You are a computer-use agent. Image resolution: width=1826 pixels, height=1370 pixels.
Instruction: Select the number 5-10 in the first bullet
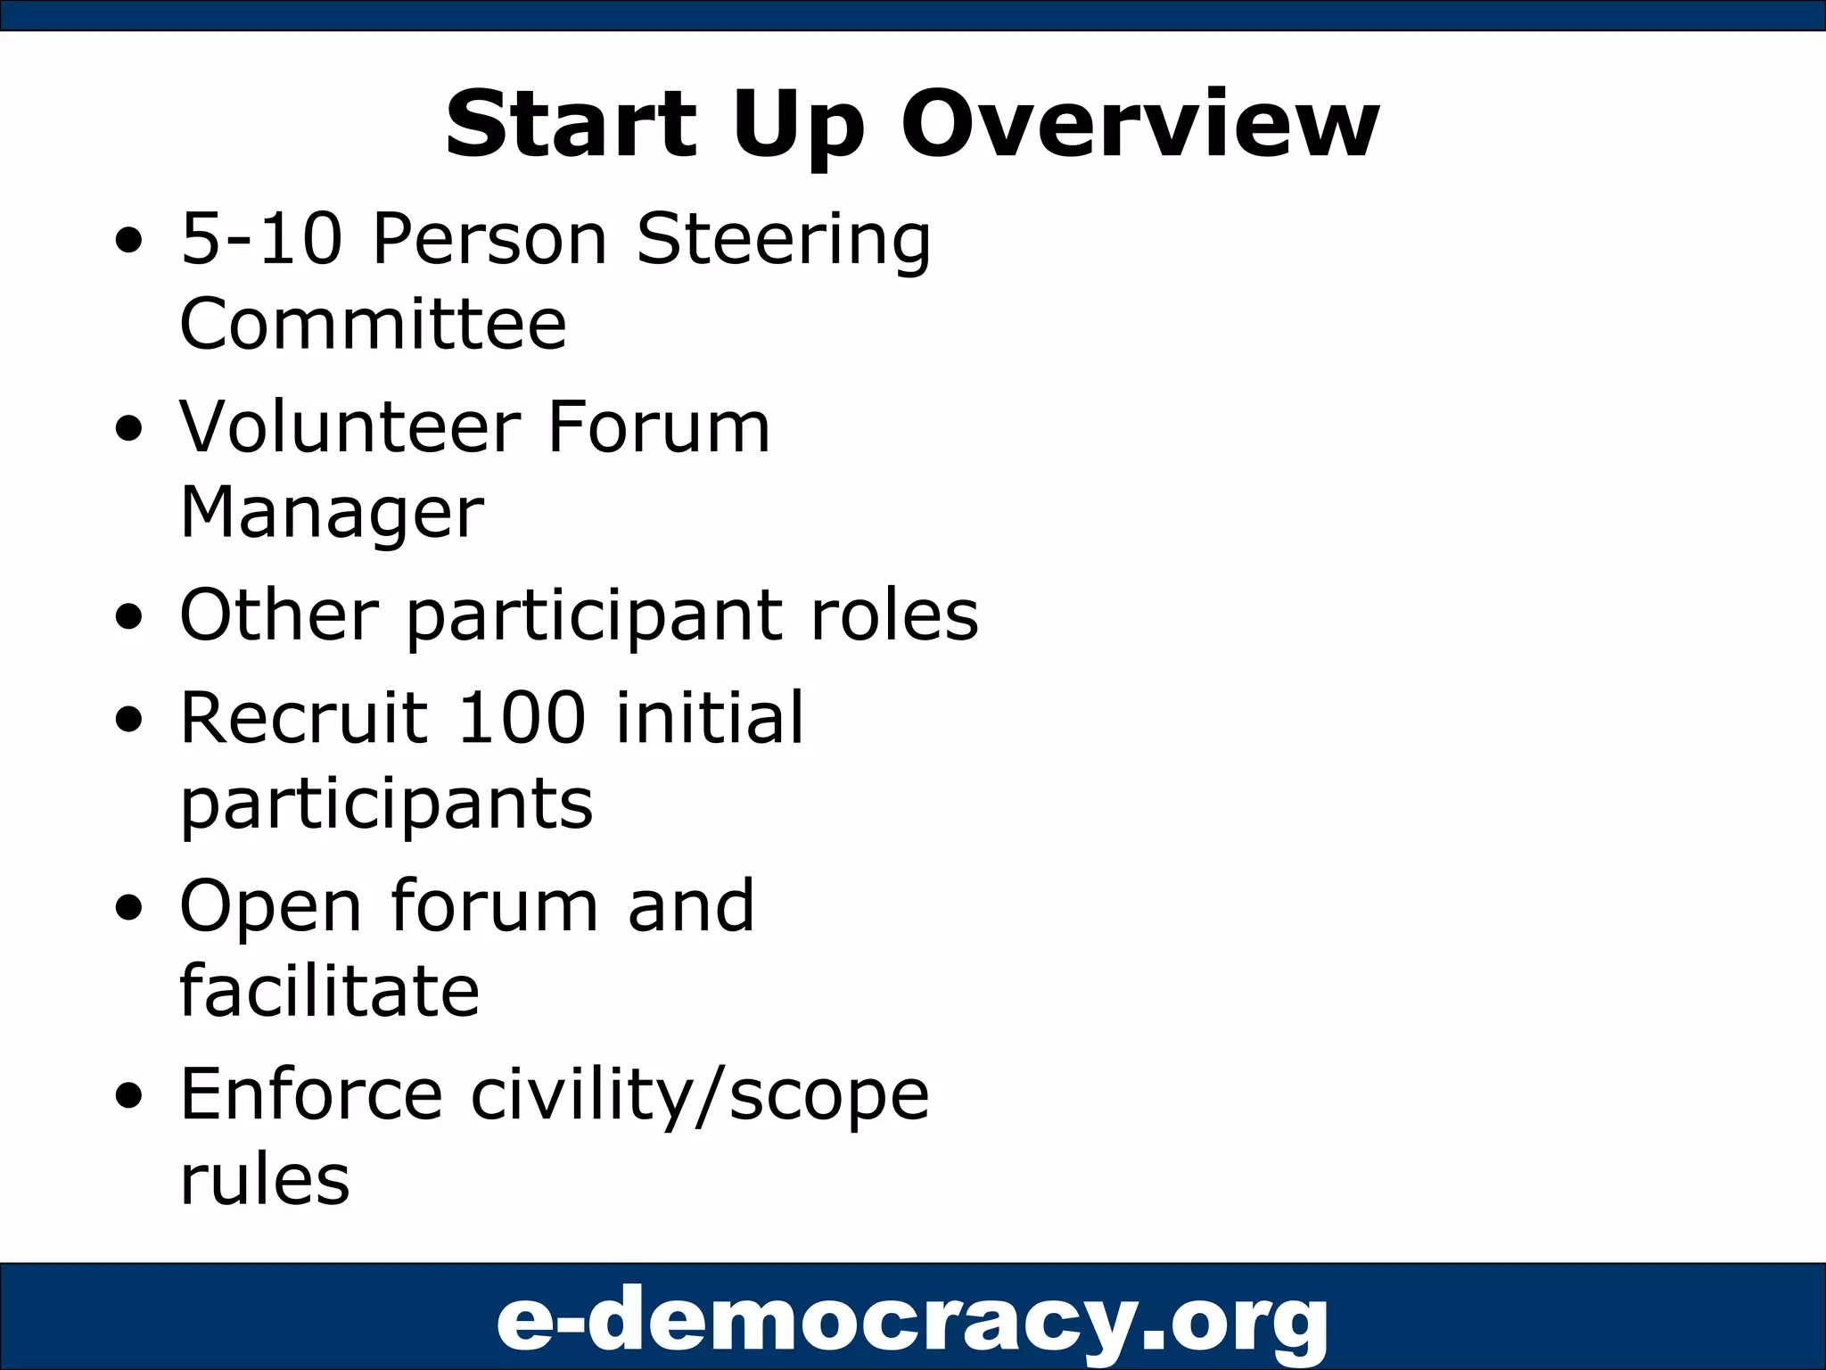click(261, 239)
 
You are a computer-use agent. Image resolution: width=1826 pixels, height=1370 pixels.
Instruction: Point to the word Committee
click(373, 324)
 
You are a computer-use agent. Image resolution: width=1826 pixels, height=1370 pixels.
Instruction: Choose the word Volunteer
click(350, 427)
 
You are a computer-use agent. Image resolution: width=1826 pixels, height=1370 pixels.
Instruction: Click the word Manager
click(332, 514)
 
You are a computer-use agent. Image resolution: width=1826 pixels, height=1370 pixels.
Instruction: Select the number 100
click(521, 717)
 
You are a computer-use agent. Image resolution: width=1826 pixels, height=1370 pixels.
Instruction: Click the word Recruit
click(304, 717)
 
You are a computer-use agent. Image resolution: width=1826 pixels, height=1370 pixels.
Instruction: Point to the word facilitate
click(329, 991)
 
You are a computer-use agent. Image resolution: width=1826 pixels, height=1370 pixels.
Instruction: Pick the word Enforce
click(311, 1094)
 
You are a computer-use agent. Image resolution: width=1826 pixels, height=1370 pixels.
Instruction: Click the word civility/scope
click(700, 1096)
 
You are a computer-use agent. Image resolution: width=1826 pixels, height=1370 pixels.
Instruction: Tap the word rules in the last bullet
click(265, 1180)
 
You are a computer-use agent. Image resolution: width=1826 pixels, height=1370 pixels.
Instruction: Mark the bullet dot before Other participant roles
click(129, 618)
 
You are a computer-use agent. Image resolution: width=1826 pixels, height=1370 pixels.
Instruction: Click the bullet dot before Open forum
click(129, 909)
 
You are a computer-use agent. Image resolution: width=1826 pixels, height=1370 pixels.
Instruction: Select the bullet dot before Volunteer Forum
click(129, 430)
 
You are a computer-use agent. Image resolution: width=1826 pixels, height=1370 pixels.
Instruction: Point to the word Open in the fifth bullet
click(270, 909)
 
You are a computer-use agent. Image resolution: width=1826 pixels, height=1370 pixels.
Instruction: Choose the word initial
click(710, 717)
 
